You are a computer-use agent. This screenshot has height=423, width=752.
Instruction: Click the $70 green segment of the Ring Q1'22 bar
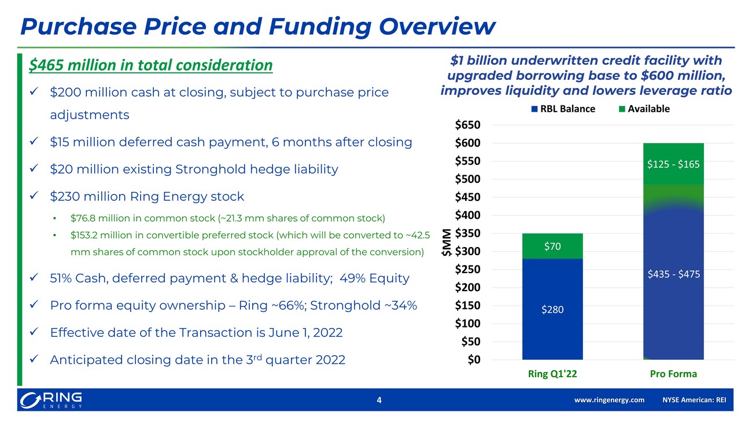click(552, 246)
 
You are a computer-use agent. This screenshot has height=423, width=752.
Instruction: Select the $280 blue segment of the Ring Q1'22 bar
click(552, 309)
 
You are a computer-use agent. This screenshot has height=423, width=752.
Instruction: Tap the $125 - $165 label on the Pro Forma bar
click(673, 164)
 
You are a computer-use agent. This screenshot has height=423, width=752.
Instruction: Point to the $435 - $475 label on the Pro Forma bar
click(673, 274)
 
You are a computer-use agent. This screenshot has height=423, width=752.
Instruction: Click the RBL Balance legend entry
click(563, 109)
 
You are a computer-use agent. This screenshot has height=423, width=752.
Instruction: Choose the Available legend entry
click(644, 109)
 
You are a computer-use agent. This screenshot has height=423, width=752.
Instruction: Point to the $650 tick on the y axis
click(467, 125)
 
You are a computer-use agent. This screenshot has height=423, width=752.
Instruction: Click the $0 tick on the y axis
click(474, 359)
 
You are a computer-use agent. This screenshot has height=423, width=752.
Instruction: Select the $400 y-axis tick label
click(467, 215)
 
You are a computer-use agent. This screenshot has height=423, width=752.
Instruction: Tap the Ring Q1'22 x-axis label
click(552, 374)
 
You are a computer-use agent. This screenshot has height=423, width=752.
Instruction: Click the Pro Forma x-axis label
click(673, 374)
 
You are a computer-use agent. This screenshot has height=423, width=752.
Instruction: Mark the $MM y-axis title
click(446, 242)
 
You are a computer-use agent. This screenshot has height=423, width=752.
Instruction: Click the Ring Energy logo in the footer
click(51, 400)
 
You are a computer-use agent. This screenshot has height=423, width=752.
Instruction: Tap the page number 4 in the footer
click(379, 400)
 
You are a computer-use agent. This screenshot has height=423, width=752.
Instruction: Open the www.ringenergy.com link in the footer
click(609, 400)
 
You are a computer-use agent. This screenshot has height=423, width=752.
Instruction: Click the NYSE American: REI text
click(694, 400)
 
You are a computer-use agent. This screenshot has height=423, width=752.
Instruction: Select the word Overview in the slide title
click(437, 26)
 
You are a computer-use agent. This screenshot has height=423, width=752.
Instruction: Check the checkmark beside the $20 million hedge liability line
click(34, 168)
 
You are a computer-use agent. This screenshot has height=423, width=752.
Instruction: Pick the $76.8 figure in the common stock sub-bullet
click(83, 218)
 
